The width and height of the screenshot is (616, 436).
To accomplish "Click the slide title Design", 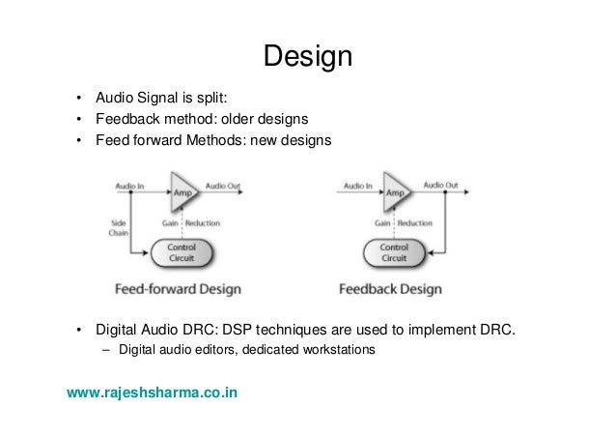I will [308, 56].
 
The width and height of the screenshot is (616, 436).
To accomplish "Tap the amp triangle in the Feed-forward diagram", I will [182, 191].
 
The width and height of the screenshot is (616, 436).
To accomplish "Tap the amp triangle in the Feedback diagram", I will [396, 191].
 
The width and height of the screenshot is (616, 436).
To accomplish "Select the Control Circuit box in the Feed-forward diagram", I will [182, 253].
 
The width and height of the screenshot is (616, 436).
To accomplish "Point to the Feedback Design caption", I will [390, 288].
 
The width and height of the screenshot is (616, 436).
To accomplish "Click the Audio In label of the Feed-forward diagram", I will [129, 184].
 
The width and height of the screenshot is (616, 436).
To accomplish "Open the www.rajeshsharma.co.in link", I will [153, 393].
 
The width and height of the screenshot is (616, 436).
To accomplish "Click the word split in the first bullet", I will [211, 98].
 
